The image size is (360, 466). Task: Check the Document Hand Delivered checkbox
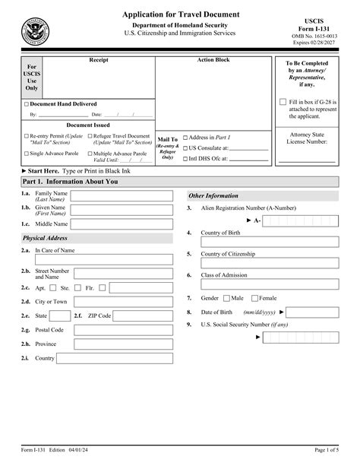[x=27, y=104]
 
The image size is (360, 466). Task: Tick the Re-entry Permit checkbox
[x=27, y=137]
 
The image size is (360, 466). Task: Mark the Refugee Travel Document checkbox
[x=90, y=137]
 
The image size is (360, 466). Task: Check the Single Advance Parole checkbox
[x=27, y=154]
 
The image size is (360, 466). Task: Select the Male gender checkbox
[x=226, y=299]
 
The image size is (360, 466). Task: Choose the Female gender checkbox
[x=255, y=299]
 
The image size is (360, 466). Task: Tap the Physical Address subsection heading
[x=45, y=238]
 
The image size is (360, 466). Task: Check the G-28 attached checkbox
[x=283, y=102]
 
